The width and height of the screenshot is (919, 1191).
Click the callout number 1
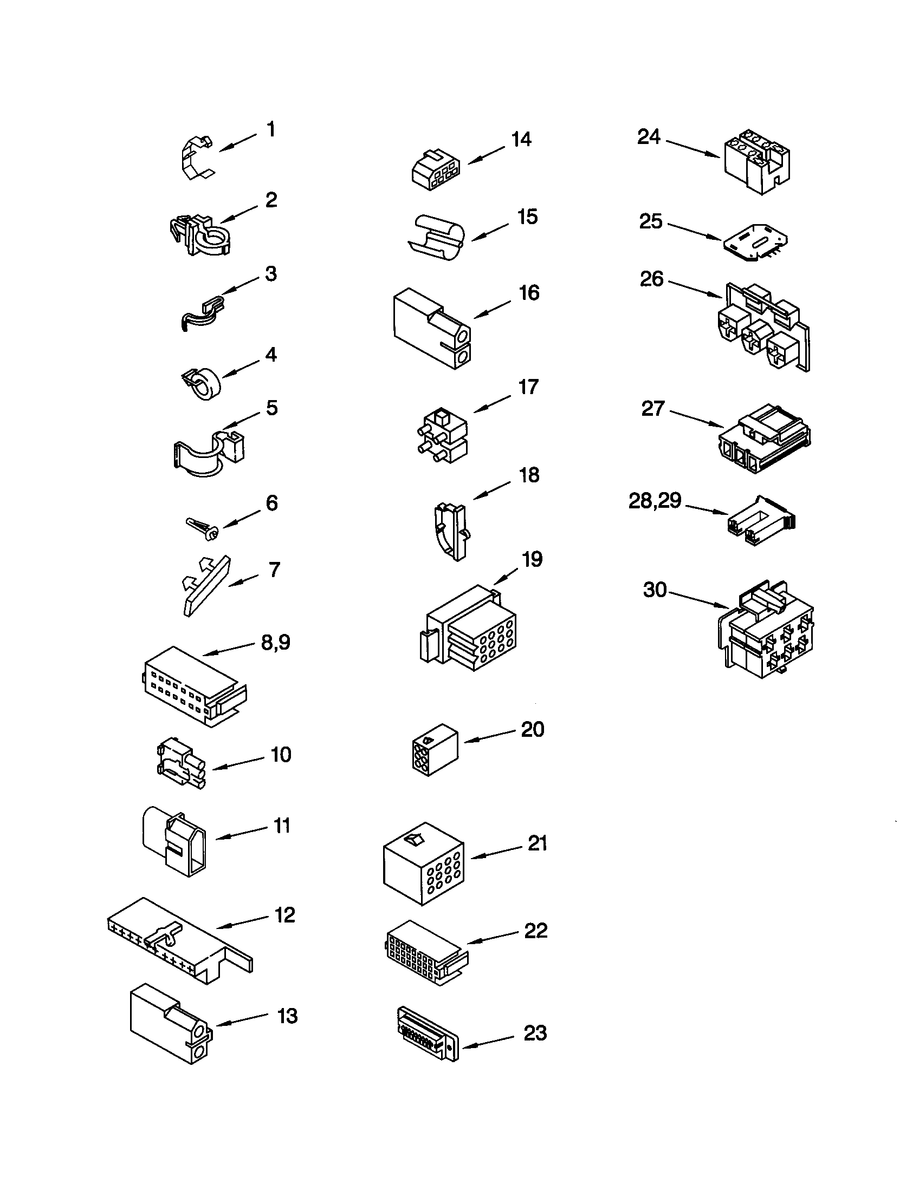(x=271, y=130)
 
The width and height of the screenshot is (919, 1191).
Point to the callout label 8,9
(x=276, y=643)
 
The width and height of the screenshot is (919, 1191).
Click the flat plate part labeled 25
(x=755, y=241)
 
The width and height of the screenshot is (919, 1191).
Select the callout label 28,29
(x=655, y=500)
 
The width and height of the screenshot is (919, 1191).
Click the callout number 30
(x=655, y=590)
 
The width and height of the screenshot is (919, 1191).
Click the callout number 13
(x=287, y=1017)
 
